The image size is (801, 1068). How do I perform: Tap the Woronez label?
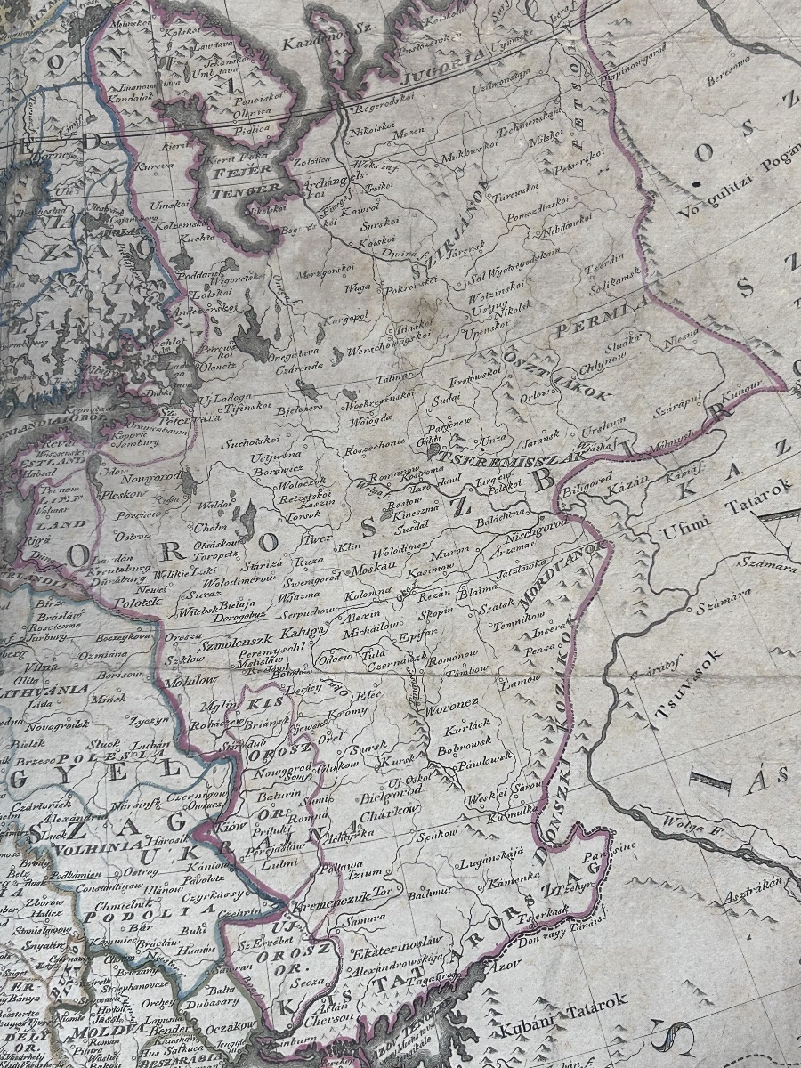[x=455, y=702]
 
